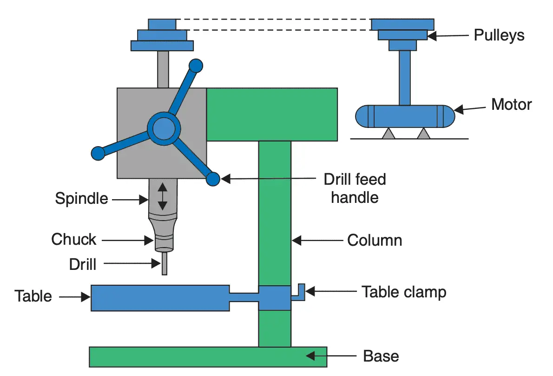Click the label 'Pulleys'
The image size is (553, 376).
(499, 35)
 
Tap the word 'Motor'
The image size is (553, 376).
(511, 104)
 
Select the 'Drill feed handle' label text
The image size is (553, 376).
(355, 188)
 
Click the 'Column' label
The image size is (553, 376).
(375, 241)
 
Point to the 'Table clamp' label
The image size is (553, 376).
(404, 292)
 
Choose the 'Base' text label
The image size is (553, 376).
(381, 356)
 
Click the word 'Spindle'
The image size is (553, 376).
(81, 199)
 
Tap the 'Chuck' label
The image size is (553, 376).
(74, 240)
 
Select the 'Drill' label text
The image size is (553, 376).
(83, 264)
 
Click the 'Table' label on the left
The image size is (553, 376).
(33, 296)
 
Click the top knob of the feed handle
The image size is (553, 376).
(196, 66)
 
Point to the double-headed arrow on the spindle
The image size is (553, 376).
(162, 196)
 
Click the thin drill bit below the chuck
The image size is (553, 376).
(164, 264)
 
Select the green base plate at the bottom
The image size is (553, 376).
(208, 357)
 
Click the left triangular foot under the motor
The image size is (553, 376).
(388, 134)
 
